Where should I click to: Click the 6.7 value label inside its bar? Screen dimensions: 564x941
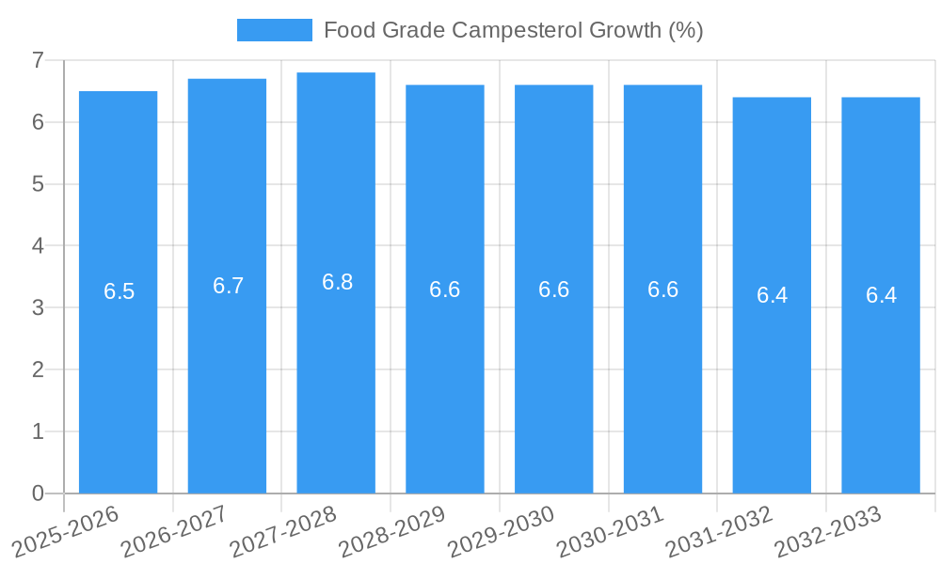228,286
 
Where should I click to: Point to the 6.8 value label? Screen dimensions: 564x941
337,282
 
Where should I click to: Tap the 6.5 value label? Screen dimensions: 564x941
120,291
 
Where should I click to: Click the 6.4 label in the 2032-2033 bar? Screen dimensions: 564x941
881,295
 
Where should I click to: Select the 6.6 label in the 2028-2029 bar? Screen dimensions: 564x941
444,290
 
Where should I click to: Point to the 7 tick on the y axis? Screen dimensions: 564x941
38,60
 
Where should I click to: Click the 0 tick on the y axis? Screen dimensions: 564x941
38,493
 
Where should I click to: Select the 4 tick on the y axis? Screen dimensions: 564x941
38,246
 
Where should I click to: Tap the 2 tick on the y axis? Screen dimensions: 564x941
38,369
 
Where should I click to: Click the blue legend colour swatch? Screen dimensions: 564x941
274,30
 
